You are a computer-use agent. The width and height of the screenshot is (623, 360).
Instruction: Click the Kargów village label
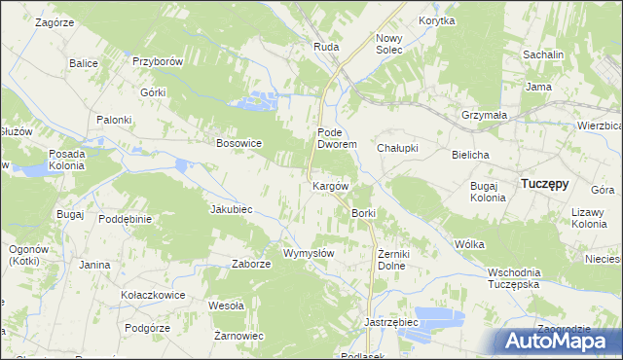pos(330,185)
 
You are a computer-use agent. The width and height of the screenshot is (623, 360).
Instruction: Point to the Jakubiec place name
pos(232,209)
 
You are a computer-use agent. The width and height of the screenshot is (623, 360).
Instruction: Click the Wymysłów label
pos(309,253)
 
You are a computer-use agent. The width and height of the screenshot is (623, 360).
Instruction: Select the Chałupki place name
pos(397,148)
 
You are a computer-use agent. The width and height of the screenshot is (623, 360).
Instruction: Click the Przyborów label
pos(159,61)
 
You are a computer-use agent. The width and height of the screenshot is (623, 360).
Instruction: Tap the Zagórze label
pos(55,20)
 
